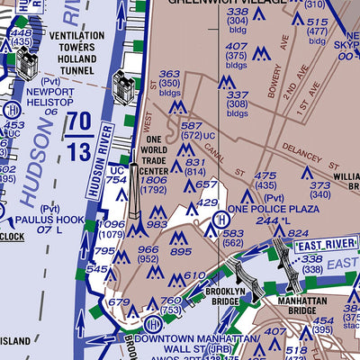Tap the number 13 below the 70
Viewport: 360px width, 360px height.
[78, 149]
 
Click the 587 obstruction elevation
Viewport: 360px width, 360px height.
[192, 127]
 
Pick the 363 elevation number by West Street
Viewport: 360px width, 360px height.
[169, 75]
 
